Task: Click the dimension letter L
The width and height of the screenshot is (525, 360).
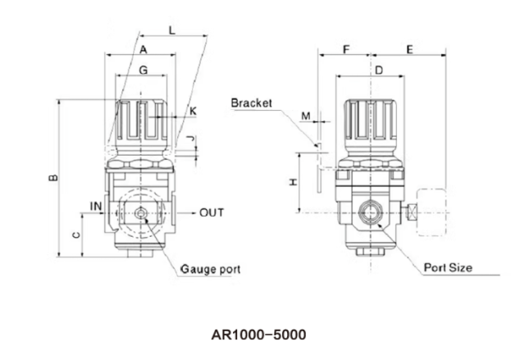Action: click(171, 30)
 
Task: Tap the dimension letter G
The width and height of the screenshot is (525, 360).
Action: click(144, 71)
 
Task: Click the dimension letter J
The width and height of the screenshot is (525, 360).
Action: click(192, 139)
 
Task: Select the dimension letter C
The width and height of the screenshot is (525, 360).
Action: click(75, 235)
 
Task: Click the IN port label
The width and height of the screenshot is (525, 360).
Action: click(96, 205)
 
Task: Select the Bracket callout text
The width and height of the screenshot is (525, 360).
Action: click(251, 104)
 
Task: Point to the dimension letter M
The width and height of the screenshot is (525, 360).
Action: click(306, 116)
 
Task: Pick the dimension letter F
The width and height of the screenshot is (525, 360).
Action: click(345, 50)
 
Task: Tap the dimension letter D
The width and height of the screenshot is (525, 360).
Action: click(378, 71)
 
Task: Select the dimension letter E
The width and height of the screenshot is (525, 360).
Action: click(409, 50)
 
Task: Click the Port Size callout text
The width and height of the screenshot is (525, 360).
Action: click(448, 268)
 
